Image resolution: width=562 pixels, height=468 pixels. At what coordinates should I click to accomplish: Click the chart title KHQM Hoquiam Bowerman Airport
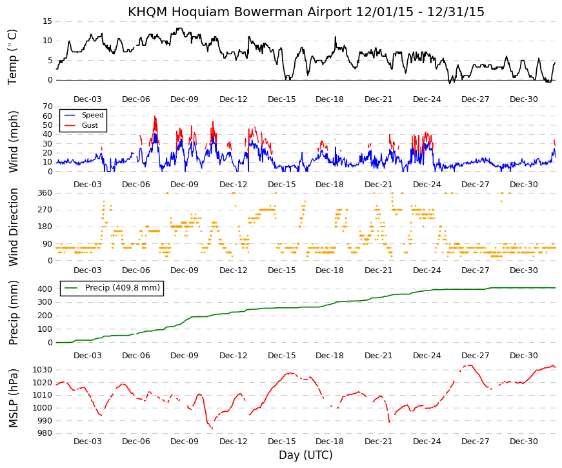coord(240,12)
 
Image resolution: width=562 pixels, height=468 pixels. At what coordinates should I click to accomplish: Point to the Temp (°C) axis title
coord(12,57)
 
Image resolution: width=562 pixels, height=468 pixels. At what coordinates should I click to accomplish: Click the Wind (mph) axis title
coord(13,141)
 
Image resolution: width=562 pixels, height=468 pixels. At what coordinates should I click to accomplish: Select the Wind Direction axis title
coord(14,227)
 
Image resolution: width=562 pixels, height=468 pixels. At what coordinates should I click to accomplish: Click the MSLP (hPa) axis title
coord(13,398)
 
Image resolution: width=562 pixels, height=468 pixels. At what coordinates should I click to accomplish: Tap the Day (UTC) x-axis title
coord(306,455)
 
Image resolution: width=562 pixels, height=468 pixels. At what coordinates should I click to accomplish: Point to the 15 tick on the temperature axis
coord(48,21)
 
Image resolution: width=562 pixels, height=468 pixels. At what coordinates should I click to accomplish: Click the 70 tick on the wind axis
coord(48,107)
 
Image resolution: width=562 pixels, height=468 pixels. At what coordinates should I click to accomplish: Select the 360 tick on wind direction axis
coord(45,193)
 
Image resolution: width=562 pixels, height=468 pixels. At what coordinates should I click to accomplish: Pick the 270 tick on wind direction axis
coord(45,210)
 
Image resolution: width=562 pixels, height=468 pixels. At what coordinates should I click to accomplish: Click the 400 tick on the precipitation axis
coord(45,289)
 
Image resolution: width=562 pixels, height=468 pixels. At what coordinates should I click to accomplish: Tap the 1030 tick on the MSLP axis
coord(43,370)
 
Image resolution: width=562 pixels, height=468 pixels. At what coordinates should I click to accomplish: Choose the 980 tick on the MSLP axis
coord(45,433)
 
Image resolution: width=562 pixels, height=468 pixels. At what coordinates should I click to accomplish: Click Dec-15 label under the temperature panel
coord(282,99)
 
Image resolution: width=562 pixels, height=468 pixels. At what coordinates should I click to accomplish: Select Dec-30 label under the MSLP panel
coord(524,442)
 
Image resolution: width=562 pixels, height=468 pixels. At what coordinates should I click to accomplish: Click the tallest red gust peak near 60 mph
coord(155,116)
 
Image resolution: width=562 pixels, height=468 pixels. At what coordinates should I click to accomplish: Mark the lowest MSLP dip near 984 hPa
coord(212,429)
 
